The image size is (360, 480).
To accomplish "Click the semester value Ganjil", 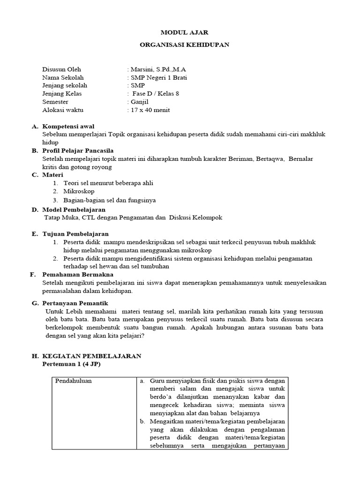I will [139, 102].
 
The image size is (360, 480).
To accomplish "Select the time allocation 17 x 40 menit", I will [149, 110].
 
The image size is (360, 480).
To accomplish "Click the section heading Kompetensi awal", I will [68, 126].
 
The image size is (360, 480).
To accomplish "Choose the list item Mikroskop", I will [79, 191].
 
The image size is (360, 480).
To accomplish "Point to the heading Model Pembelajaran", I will [74, 210].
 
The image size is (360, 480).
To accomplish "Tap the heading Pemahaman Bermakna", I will [77, 274].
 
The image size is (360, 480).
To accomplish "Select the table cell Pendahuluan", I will [74, 381].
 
